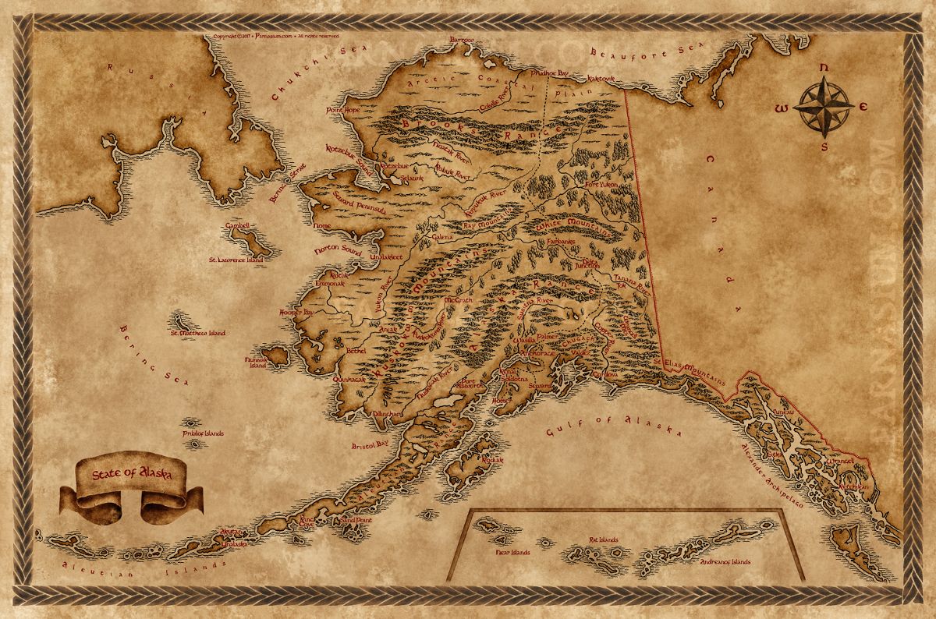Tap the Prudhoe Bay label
point(550,73)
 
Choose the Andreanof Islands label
point(725,561)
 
